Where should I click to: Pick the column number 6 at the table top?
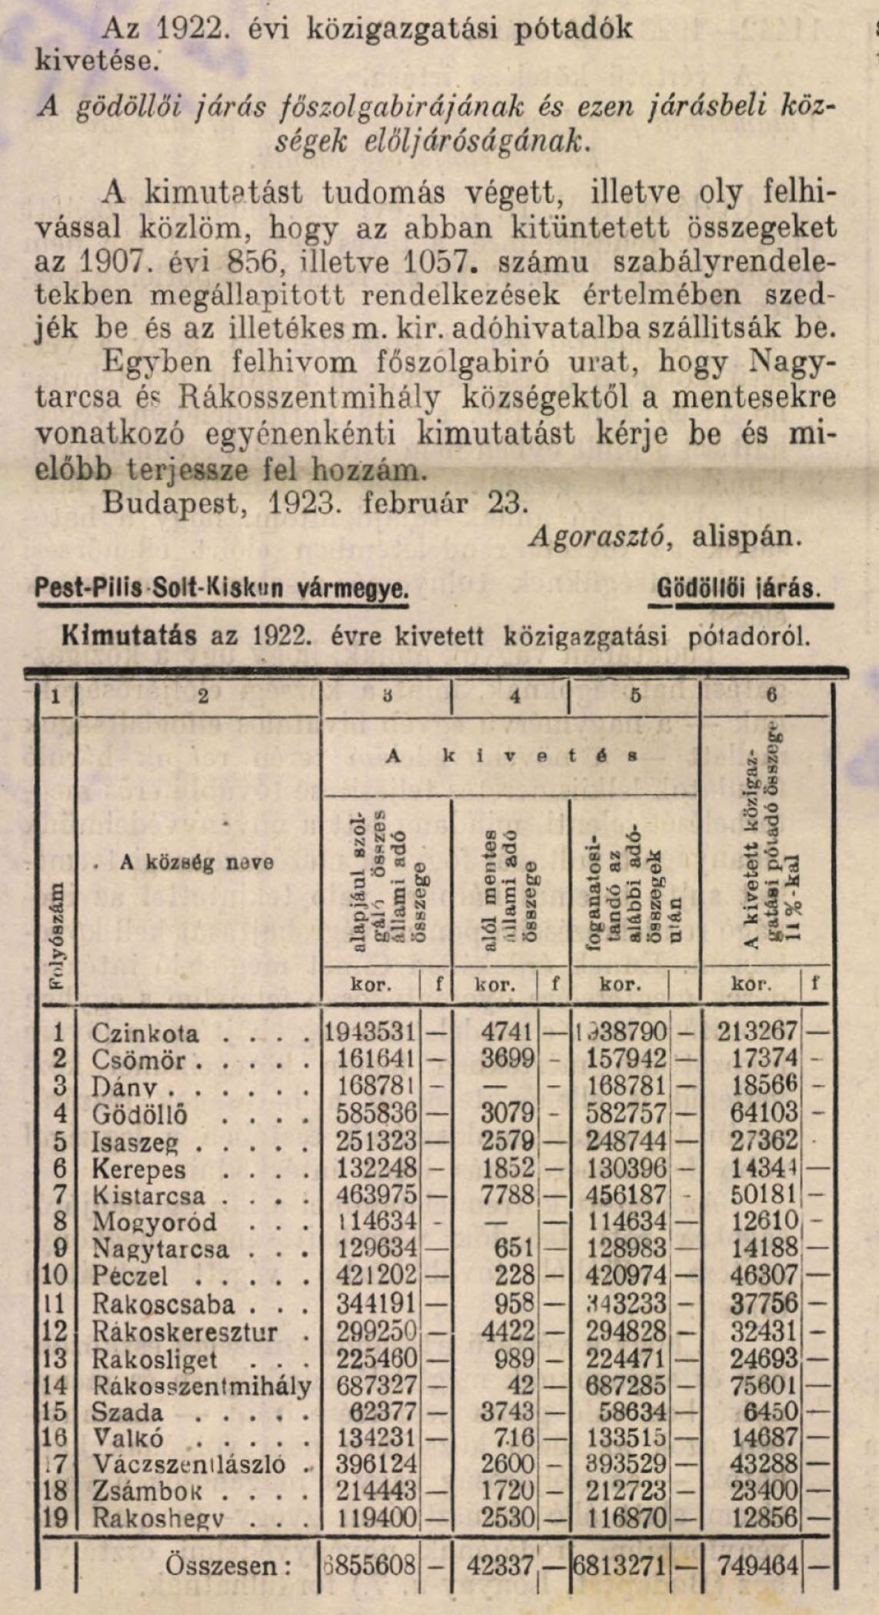tap(771, 695)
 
